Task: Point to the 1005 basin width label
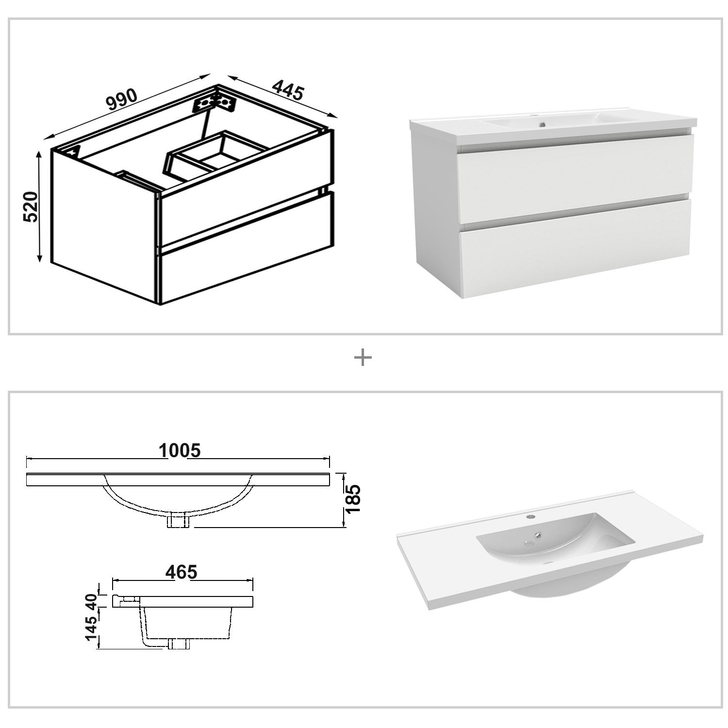(x=180, y=450)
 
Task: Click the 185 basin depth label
(x=353, y=499)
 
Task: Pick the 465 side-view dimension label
(x=181, y=572)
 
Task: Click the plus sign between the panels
(x=363, y=358)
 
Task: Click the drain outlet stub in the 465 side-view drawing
(x=178, y=644)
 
